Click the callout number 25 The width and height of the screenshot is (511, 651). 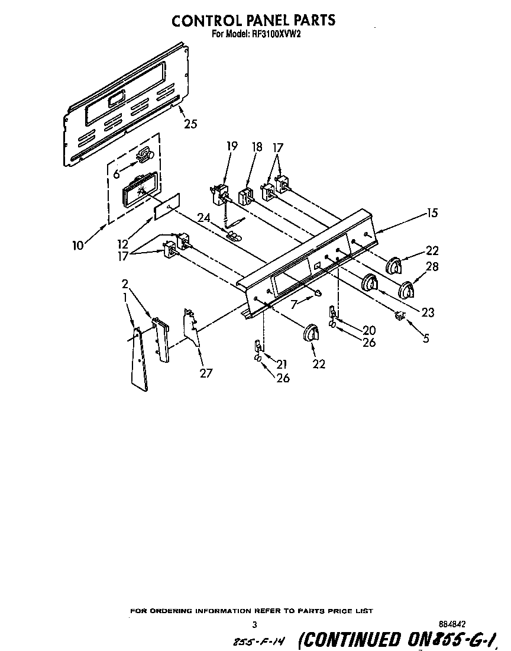coord(190,124)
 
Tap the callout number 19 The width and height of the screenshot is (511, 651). coord(232,146)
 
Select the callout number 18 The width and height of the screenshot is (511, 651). coord(256,146)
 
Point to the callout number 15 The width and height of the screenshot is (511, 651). coord(432,213)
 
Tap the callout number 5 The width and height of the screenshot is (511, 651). coord(425,339)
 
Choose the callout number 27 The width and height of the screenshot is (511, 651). coord(206,373)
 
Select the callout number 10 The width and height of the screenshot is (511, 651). coord(79,244)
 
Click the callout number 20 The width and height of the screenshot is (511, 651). coord(369,330)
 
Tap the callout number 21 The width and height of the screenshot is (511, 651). coord(282,365)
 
